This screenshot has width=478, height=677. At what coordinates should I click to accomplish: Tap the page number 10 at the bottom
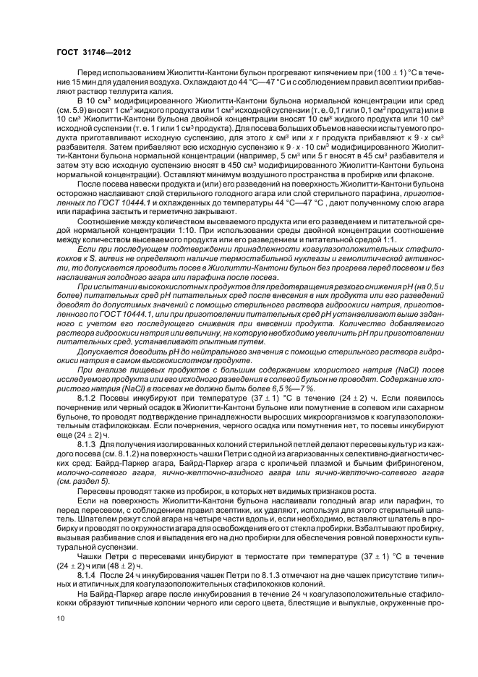60,618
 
